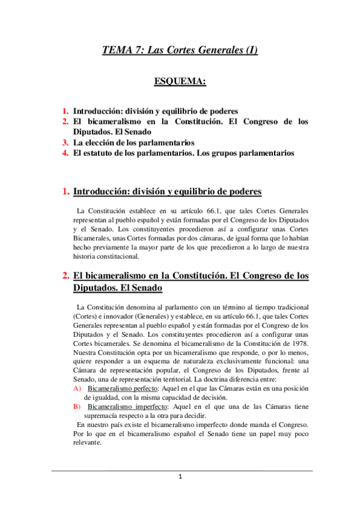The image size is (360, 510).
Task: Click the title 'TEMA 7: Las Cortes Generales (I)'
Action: pos(180,51)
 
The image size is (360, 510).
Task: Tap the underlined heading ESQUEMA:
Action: pos(180,81)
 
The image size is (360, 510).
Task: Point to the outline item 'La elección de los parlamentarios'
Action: pos(133,143)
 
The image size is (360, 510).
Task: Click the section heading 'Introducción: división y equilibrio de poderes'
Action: pos(167,192)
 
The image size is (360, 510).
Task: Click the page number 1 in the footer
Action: pos(180,477)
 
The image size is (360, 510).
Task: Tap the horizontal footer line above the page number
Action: pos(180,470)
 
